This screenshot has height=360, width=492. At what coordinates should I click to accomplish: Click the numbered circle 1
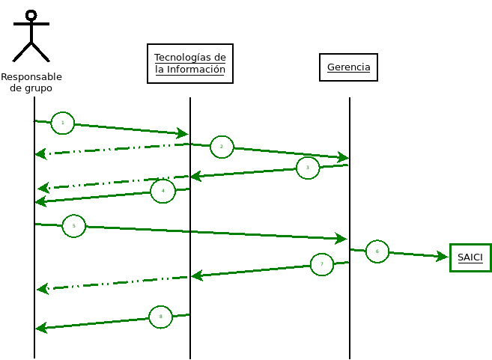63,123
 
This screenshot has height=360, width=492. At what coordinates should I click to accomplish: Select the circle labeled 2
222,147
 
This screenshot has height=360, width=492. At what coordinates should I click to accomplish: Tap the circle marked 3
307,168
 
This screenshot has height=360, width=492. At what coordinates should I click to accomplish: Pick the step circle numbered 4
163,191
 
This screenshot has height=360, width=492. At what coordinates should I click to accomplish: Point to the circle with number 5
73,225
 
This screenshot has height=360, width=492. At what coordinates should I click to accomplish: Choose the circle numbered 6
377,251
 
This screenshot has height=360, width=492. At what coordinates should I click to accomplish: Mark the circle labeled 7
321,264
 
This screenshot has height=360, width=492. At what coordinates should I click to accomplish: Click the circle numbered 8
160,317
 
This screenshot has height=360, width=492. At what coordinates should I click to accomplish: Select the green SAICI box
470,257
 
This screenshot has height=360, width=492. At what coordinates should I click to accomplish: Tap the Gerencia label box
348,67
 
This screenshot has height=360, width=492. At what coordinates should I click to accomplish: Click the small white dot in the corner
31,15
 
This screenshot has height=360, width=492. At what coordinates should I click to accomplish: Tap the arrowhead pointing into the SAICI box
443,257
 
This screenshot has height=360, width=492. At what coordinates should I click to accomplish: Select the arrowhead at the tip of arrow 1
183,134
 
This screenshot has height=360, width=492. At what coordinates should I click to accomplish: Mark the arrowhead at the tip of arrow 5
341,239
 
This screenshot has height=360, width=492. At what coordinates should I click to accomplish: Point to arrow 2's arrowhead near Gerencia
344,157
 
